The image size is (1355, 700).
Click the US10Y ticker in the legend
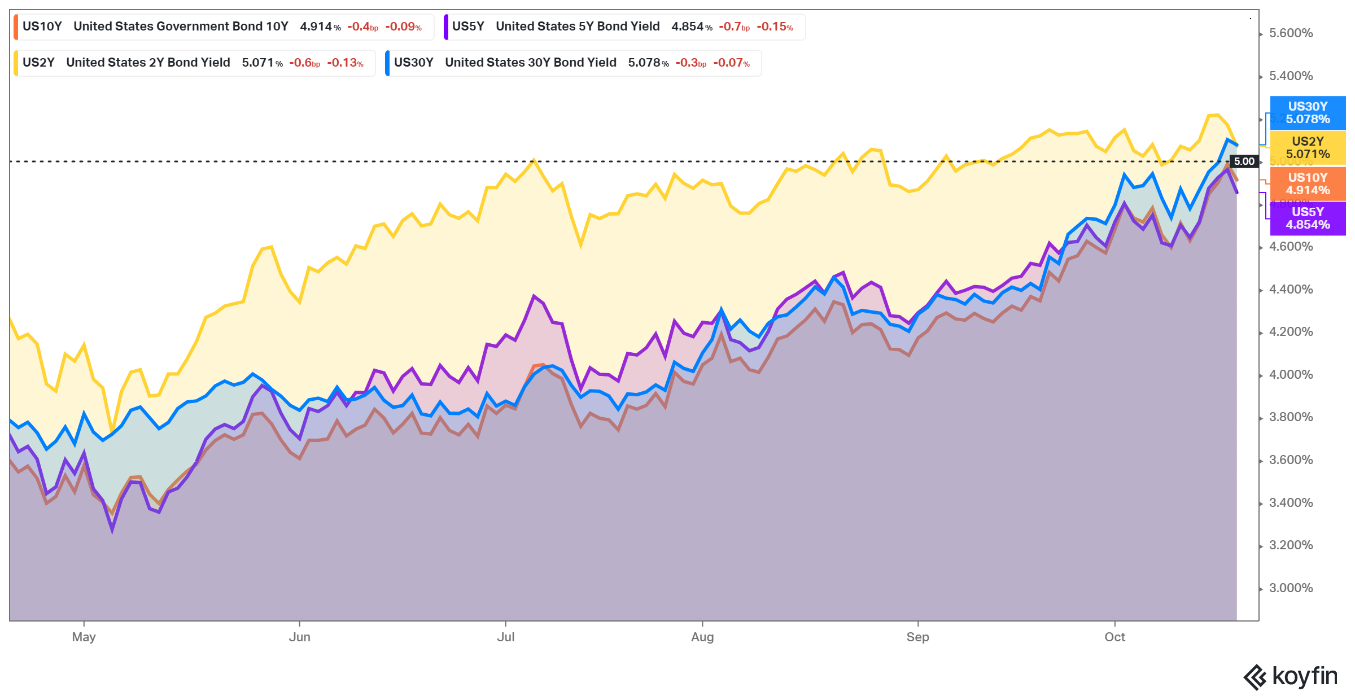(42, 27)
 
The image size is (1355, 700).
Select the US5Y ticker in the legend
(468, 27)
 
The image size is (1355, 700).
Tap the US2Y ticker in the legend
(38, 63)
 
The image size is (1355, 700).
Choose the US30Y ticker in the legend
(413, 63)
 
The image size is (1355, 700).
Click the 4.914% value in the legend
(320, 27)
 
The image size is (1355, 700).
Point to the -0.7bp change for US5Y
(734, 27)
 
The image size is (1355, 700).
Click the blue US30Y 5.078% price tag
(1308, 113)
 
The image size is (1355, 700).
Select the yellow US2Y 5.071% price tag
(1308, 148)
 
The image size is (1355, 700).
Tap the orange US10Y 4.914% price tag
(1308, 184)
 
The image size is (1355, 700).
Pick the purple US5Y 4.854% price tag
(1308, 218)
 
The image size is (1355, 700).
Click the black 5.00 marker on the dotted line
(1244, 161)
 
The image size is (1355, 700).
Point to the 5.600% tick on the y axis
(1291, 33)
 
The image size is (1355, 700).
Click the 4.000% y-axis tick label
(1291, 375)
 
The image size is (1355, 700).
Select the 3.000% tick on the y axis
(1291, 588)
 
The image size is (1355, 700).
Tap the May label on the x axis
(84, 637)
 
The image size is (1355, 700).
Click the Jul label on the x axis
(505, 637)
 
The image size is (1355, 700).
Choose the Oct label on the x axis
(1114, 637)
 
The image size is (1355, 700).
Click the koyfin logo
(1290, 677)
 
